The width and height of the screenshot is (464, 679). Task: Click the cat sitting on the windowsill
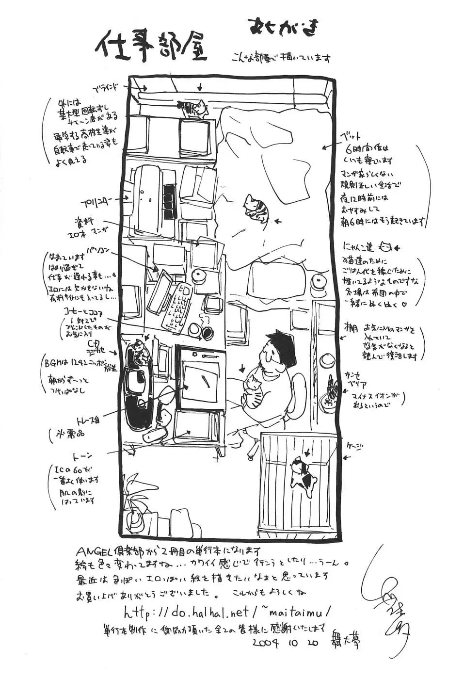click(192, 108)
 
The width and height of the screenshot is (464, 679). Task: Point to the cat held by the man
click(253, 389)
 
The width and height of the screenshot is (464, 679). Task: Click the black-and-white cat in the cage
click(303, 472)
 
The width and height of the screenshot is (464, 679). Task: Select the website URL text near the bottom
click(227, 610)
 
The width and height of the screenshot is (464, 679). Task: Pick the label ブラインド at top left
click(106, 89)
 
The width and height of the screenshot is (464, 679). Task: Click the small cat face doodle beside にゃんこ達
click(385, 247)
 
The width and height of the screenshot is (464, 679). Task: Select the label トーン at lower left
click(82, 455)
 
